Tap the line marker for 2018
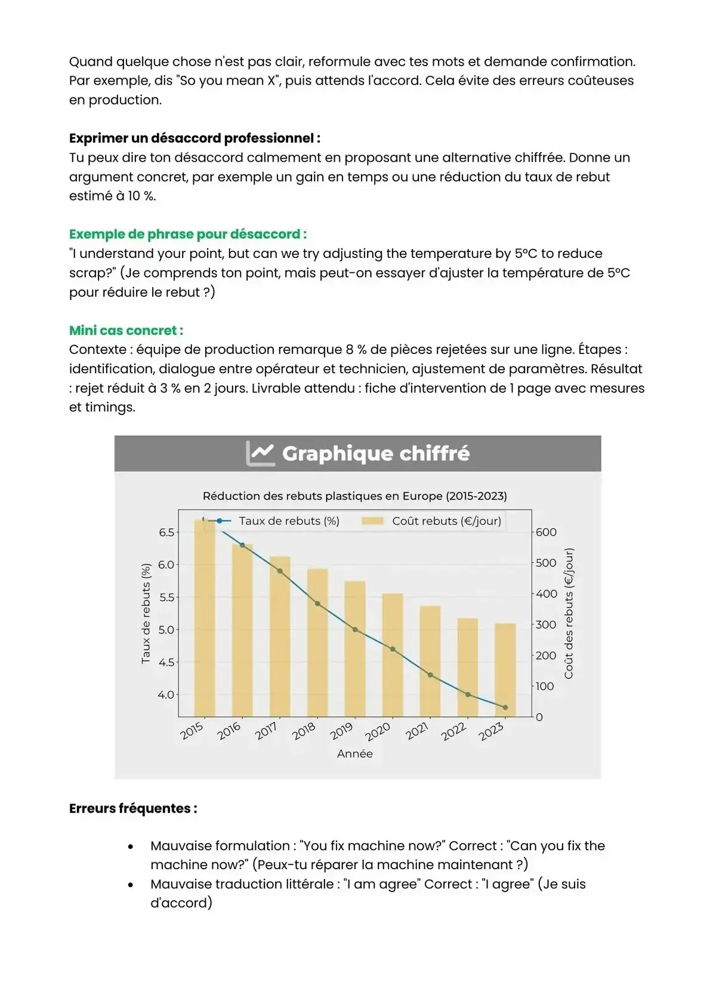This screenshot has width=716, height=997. pyautogui.click(x=317, y=604)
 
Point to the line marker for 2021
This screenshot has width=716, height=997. pyautogui.click(x=430, y=675)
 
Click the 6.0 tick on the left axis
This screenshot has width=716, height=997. pyautogui.click(x=166, y=565)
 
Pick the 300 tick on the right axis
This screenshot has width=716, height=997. pyautogui.click(x=545, y=624)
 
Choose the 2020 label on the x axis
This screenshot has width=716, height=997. pyautogui.click(x=377, y=731)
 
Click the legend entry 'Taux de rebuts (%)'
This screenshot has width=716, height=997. pyautogui.click(x=289, y=521)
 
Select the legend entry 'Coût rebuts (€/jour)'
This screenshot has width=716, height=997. pyautogui.click(x=446, y=521)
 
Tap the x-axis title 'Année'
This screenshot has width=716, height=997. pyautogui.click(x=354, y=753)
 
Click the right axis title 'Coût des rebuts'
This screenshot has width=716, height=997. pyautogui.click(x=569, y=613)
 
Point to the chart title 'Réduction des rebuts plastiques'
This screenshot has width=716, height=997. pyautogui.click(x=354, y=496)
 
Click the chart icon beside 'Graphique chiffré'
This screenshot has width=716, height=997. pyautogui.click(x=260, y=453)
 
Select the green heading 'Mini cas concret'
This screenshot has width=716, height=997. pyautogui.click(x=126, y=330)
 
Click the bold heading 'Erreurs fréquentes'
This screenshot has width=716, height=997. pyautogui.click(x=133, y=808)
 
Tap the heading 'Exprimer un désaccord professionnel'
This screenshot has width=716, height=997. pyautogui.click(x=195, y=138)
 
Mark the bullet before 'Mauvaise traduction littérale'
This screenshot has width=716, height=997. pyautogui.click(x=131, y=885)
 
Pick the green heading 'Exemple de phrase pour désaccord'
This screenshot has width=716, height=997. pyautogui.click(x=188, y=234)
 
